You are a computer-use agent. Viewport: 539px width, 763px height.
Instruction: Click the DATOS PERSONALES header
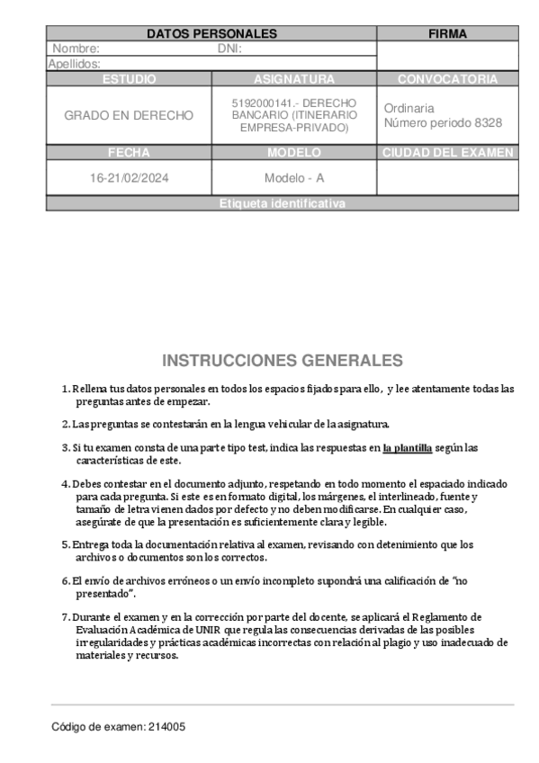pos(211,34)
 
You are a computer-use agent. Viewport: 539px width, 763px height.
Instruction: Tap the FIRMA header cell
pos(447,34)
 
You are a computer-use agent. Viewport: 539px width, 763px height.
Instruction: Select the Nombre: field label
pos(76,49)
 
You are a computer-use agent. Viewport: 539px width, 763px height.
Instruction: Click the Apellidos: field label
pos(74,64)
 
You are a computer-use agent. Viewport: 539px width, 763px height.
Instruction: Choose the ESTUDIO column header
pos(129,79)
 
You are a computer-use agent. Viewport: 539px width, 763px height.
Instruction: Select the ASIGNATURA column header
pos(294,79)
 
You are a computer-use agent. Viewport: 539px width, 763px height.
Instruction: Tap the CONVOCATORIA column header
pos(447,79)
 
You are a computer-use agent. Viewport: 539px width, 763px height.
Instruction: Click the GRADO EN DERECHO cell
pos(129,116)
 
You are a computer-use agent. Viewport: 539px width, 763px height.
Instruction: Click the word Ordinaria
pos(409,108)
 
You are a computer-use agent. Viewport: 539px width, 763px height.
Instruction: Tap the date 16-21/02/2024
pos(129,178)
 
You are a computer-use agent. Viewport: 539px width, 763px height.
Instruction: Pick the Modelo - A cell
pos(294,178)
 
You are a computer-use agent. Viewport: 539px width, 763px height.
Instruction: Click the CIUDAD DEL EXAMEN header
pos(447,153)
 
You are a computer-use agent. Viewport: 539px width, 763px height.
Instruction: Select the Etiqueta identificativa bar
pos(282,204)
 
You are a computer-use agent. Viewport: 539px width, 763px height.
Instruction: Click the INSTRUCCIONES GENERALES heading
pos(283,361)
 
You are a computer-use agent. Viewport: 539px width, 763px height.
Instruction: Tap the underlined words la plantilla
pos(407,447)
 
